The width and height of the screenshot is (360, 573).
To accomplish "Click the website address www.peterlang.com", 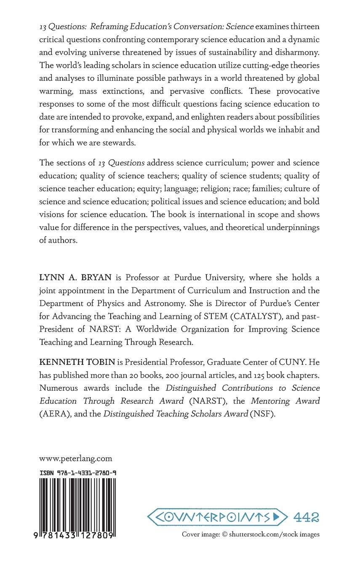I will tap(75, 458).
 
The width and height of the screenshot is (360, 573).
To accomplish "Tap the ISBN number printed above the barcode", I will tap(78, 473).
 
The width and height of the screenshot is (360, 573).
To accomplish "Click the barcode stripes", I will tap(78, 504).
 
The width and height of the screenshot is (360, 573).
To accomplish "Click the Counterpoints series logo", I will tap(217, 517).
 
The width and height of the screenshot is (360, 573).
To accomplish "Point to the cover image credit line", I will tap(251, 534).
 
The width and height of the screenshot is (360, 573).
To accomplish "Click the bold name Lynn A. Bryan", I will tap(67, 277).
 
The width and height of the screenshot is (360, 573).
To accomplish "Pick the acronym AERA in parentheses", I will tap(53, 413).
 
